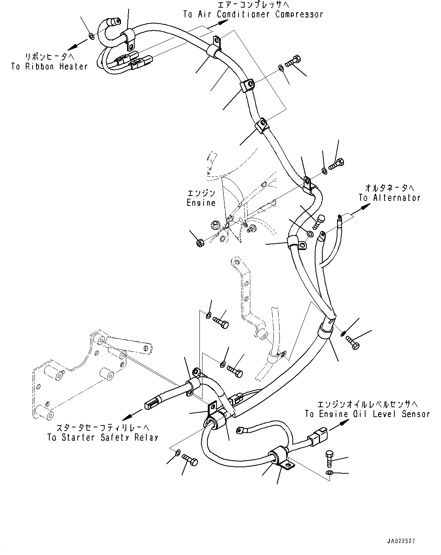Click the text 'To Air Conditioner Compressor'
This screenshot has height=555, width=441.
(x=253, y=14)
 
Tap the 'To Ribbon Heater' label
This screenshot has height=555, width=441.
(x=49, y=66)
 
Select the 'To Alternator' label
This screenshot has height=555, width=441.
(x=389, y=198)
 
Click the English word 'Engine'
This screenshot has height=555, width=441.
(x=201, y=202)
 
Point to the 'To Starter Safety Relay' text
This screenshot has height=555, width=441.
(x=102, y=437)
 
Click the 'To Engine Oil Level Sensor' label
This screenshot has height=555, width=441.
(x=367, y=414)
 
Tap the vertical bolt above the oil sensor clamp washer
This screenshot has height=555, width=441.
(x=330, y=459)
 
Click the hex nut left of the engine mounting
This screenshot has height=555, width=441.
(x=199, y=242)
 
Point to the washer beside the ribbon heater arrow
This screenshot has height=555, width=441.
(x=91, y=36)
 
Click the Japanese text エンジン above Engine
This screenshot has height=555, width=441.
(x=201, y=193)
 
